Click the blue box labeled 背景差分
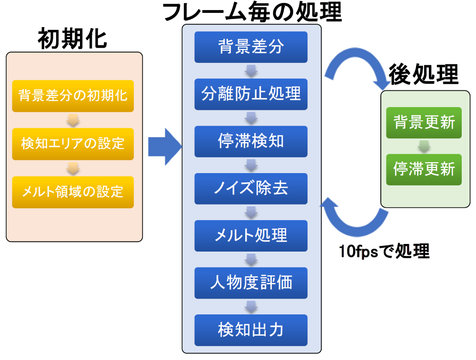251,47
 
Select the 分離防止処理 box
251,94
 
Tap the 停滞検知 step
251,141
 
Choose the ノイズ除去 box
251,188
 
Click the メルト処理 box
251,236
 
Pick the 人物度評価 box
251,282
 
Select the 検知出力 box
251,330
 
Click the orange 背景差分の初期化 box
73,96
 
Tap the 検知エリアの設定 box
73,144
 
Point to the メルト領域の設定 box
73,192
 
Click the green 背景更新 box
424,123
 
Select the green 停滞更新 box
424,169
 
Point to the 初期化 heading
72,39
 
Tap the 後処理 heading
424,75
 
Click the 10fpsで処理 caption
384,251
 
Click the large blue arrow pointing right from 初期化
165,147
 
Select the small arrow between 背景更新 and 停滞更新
424,146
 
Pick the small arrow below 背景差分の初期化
73,120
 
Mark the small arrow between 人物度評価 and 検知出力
251,307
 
